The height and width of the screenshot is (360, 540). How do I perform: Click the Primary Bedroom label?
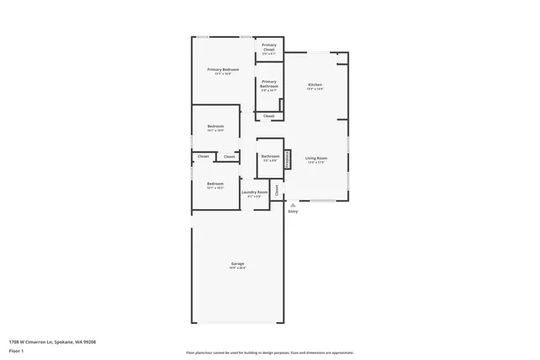(x=224, y=69)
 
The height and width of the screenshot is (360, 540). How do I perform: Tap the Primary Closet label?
(x=269, y=46)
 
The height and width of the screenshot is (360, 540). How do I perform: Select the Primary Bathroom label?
(x=269, y=83)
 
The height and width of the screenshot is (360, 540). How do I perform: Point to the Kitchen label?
(x=315, y=84)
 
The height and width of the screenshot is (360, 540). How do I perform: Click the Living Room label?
(x=316, y=158)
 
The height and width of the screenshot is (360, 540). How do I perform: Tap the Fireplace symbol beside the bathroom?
(x=288, y=159)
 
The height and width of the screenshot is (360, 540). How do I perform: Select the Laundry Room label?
(x=254, y=191)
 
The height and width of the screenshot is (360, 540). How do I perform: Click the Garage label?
(x=238, y=264)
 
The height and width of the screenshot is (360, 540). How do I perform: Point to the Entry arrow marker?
(x=293, y=205)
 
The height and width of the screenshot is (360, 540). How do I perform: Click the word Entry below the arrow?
(x=293, y=211)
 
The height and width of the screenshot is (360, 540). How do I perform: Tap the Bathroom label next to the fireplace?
(x=270, y=156)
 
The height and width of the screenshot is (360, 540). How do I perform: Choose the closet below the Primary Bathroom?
(x=269, y=116)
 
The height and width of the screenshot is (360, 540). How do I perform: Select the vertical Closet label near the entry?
(x=276, y=190)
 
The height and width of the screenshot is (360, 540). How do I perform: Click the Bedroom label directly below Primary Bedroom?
(x=215, y=126)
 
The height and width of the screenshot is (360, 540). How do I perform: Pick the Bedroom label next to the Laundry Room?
(x=215, y=183)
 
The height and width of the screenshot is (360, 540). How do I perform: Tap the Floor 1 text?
(x=16, y=351)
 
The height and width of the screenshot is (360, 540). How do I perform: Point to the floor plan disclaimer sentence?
(x=269, y=352)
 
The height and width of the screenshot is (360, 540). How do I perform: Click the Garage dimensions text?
(x=238, y=268)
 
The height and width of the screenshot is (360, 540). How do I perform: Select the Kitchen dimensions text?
(x=315, y=89)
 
